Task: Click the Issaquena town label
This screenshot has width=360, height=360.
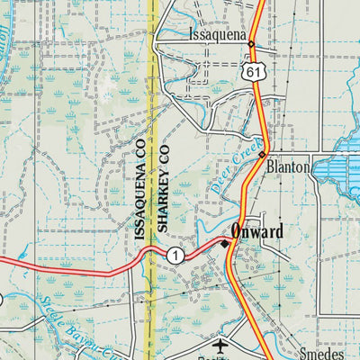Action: [x=219, y=34]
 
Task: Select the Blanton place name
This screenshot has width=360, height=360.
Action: [x=287, y=167]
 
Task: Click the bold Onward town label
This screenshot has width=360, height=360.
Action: [x=256, y=231]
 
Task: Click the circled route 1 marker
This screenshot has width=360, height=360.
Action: [x=175, y=256]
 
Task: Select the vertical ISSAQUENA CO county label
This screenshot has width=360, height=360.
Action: [x=139, y=189]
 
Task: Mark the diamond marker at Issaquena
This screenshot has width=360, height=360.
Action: [x=251, y=43]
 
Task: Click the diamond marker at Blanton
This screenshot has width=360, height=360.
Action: [x=262, y=155]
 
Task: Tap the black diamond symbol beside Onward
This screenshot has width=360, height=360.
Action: [x=225, y=243]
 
